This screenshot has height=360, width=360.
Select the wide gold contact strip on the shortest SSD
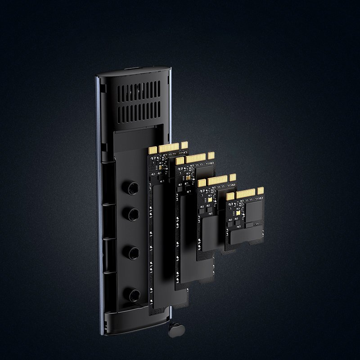[246, 193]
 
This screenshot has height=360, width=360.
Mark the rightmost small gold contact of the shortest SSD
[260, 191]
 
